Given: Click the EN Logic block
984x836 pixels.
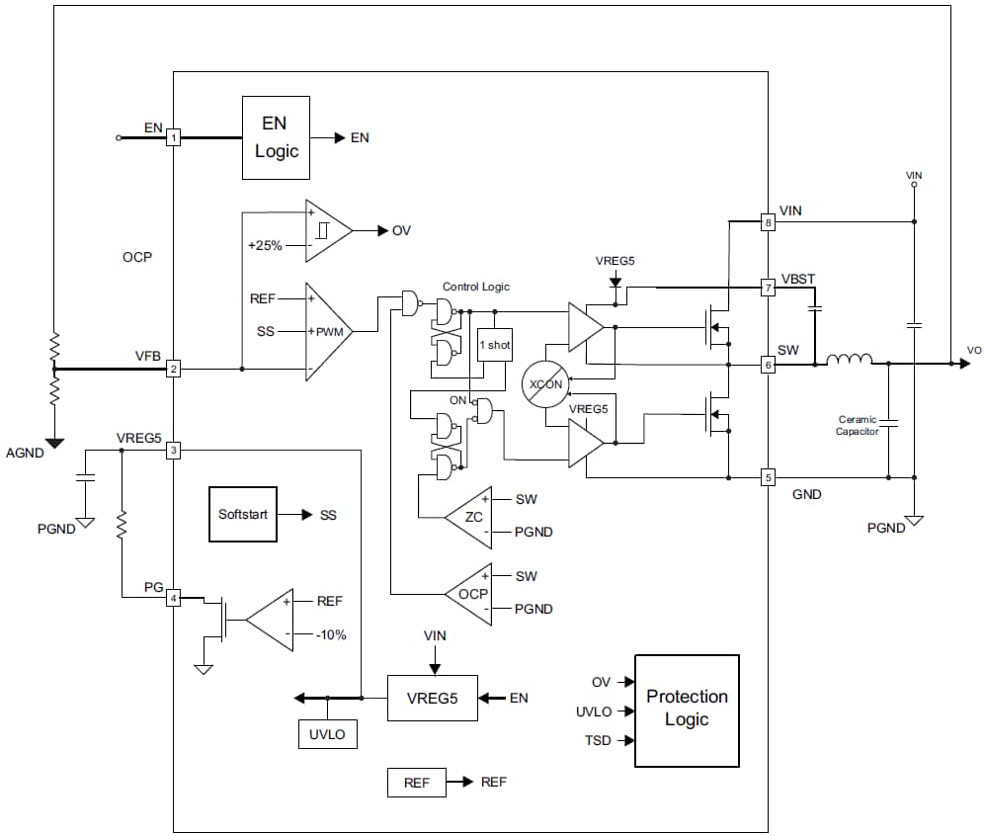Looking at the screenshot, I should click(276, 137).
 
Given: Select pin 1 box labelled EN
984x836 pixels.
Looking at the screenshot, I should click(174, 138).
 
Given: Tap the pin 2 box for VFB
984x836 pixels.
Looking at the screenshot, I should click(174, 369).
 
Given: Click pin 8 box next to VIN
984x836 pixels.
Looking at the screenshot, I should click(768, 222).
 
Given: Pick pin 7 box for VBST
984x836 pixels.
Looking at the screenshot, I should click(768, 288).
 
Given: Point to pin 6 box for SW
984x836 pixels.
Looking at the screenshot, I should click(768, 364).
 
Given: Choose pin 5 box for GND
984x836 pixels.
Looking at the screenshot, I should click(768, 478).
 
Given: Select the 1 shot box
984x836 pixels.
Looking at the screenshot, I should click(495, 344).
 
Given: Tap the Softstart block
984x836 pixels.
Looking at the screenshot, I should click(242, 515).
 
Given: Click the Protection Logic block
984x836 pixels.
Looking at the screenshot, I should click(687, 710).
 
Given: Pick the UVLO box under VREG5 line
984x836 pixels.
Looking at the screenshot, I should click(327, 734).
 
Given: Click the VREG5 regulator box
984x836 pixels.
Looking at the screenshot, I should click(432, 698).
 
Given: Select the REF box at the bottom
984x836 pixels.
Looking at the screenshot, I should click(416, 783).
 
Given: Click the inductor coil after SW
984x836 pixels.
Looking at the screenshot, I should click(850, 361).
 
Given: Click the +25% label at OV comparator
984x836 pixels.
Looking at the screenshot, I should click(265, 245).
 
